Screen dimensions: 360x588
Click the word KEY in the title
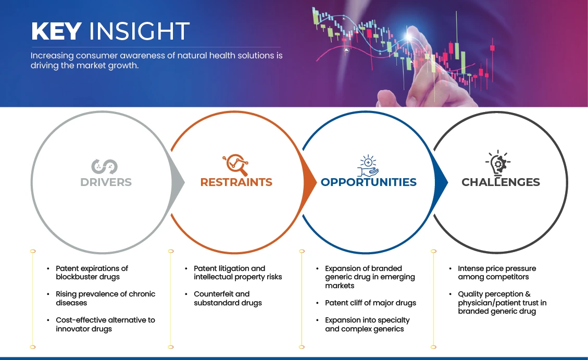click(56, 32)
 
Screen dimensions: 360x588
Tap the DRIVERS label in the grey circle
click(106, 182)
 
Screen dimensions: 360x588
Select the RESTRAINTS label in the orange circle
click(236, 182)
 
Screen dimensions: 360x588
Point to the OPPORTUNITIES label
click(368, 182)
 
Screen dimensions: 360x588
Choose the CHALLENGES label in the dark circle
click(501, 182)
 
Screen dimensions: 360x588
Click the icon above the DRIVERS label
click(104, 166)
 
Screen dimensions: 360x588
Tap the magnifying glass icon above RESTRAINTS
click(235, 165)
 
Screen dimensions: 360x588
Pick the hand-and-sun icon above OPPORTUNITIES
click(368, 165)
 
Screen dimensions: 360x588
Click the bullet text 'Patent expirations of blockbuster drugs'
click(92, 272)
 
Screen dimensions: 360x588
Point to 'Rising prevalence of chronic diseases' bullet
click(105, 298)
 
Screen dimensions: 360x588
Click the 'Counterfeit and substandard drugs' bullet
click(228, 298)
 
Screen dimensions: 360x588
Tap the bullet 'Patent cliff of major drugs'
click(370, 303)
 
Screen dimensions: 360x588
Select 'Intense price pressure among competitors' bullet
click(496, 272)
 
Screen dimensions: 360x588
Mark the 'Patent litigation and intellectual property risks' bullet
click(237, 272)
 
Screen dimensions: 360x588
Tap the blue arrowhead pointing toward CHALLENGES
click(443, 182)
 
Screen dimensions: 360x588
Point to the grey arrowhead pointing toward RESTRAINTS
click(180, 182)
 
